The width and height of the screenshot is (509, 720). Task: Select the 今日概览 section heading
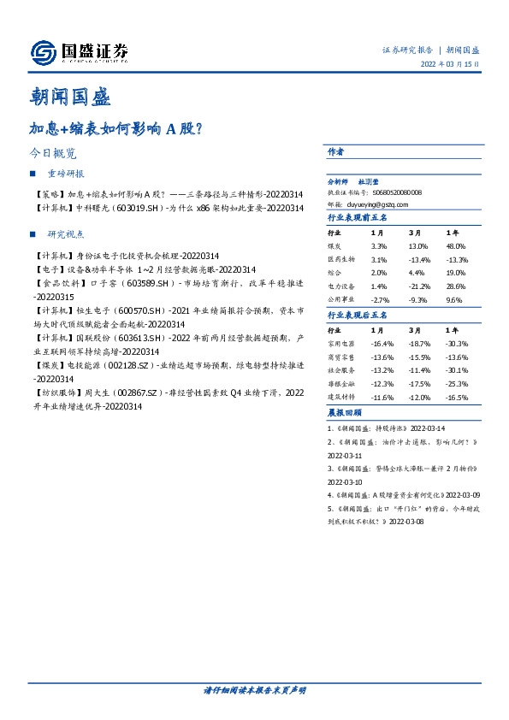click(x=52, y=155)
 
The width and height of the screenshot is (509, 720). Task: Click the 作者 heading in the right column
click(x=335, y=151)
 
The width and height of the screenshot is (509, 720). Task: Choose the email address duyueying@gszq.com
click(x=380, y=205)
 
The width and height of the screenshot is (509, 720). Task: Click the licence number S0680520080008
click(x=398, y=193)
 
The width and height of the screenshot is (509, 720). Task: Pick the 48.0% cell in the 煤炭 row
click(x=456, y=246)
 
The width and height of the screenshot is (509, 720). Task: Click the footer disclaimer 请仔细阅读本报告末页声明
click(x=254, y=690)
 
